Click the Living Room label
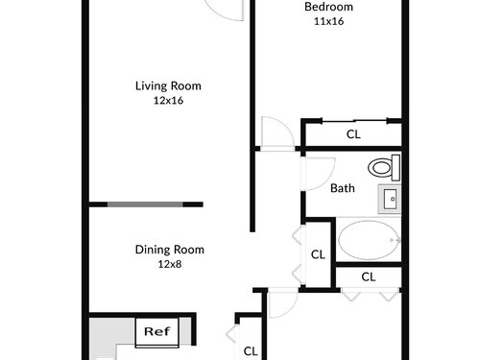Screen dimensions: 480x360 point(168,85)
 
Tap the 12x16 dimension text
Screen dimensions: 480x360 point(168,101)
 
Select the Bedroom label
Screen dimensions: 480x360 point(328,7)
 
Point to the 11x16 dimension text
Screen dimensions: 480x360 point(329,21)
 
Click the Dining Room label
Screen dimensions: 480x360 point(170,250)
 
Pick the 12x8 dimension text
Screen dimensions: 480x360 point(170,264)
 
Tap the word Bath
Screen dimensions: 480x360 point(343,188)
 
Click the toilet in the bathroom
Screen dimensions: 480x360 point(384,167)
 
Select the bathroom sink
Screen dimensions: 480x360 point(390,199)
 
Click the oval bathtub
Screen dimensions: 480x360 point(369,240)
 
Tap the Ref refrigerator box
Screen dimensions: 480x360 point(156,332)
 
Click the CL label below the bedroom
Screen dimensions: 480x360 point(353,134)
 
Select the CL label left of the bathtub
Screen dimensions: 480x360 point(318,254)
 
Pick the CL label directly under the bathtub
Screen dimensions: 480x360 point(369,276)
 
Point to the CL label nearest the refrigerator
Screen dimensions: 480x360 point(251,351)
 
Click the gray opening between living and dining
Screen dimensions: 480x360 point(145,204)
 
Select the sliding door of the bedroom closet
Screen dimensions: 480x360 point(354,120)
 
